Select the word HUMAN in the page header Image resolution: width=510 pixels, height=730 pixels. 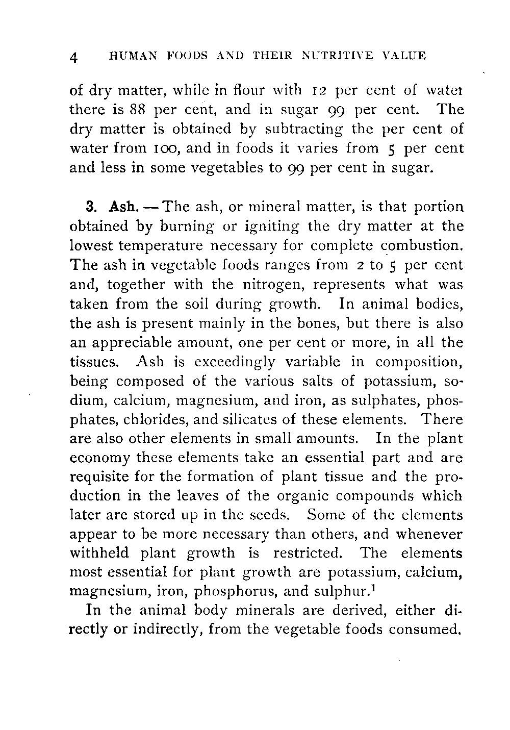(x=129, y=56)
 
